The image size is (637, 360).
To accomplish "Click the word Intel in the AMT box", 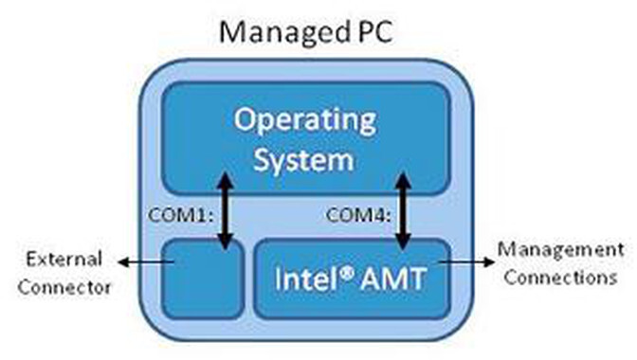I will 302,279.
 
